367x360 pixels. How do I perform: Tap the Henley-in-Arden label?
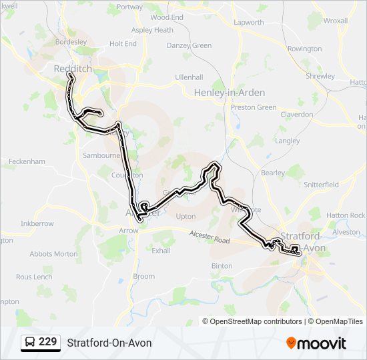point(229,93)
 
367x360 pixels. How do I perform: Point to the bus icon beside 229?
point(30,343)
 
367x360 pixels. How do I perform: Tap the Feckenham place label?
point(27,161)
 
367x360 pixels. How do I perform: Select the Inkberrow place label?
point(37,223)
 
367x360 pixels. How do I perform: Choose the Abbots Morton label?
point(53,254)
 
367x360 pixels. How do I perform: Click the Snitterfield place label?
point(321,184)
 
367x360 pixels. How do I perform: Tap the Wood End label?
point(167,17)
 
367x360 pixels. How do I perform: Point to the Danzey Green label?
point(189,45)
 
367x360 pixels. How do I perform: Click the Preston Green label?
point(254,107)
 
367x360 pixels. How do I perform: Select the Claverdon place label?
point(297,115)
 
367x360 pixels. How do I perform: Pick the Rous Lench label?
point(34,277)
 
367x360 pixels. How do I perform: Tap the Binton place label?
point(222,265)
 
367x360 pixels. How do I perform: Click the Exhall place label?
point(161,251)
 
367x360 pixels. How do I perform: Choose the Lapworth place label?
point(249,22)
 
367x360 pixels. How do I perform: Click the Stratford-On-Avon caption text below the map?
point(109,343)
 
